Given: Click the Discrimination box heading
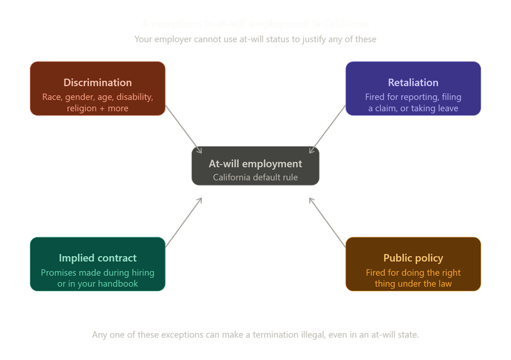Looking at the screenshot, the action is (x=98, y=82).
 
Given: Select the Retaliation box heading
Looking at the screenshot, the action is (x=413, y=82).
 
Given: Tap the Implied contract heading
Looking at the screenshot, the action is (x=98, y=258).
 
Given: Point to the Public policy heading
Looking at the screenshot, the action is (x=413, y=258).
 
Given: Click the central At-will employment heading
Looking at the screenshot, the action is (x=256, y=163).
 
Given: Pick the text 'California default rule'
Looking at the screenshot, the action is (x=256, y=177).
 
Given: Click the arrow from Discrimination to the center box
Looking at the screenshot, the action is (x=183, y=131).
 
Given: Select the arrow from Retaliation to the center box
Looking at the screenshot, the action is (x=327, y=131).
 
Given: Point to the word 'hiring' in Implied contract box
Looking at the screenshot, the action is (x=141, y=273).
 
